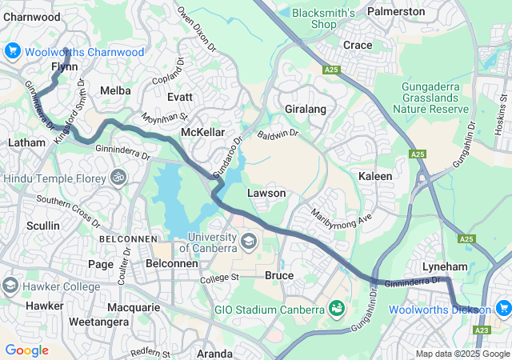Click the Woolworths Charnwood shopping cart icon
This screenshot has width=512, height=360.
pos(12,52)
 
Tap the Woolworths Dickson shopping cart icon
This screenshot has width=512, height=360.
pos(503,308)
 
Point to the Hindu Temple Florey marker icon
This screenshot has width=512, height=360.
pos(118,176)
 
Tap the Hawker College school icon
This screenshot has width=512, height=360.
pos(10,286)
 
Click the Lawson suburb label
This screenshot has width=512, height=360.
pos(266,193)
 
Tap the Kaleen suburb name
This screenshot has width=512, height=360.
pos(375,175)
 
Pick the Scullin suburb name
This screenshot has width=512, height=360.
pos(42,226)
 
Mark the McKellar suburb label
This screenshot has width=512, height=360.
pos(202,132)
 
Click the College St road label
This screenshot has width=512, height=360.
pos(220,278)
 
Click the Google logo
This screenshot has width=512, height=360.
pos(26,350)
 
